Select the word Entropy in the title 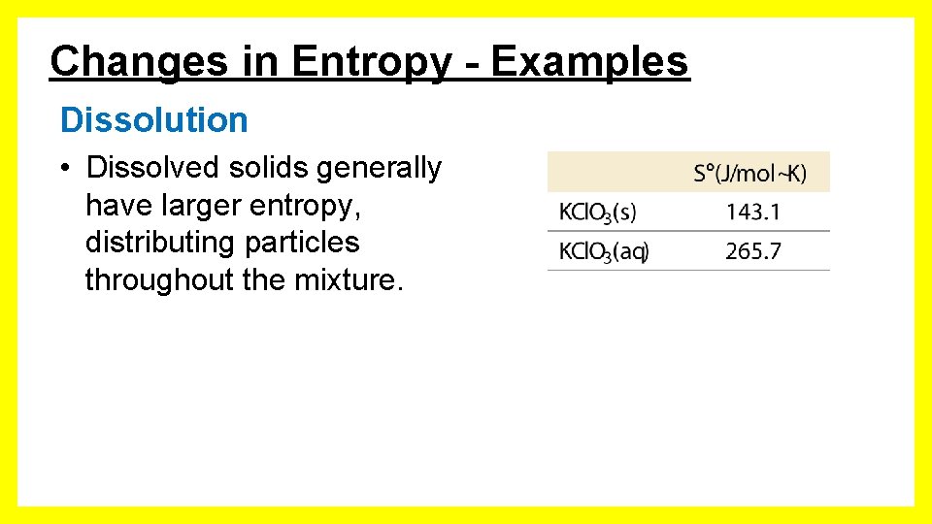coord(371,62)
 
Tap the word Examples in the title coord(590,62)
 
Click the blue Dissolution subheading coord(153,120)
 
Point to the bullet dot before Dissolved coord(62,169)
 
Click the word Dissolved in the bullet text coord(153,168)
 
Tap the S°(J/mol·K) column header coord(749,174)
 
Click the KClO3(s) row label coord(598,213)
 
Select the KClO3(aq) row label coord(604,252)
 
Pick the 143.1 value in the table coord(752,213)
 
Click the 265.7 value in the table coord(752,252)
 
